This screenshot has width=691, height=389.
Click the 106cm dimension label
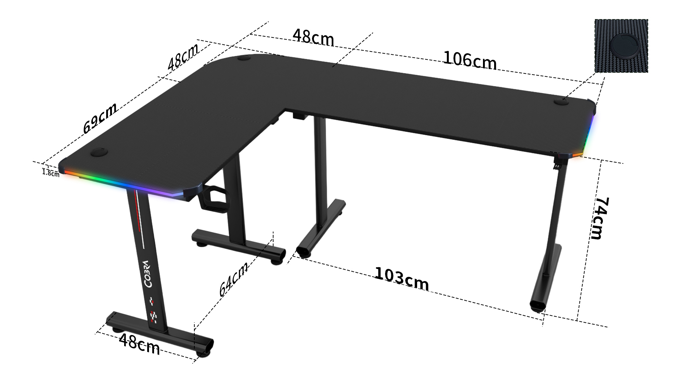(x=470, y=60)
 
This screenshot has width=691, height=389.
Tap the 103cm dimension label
(x=402, y=278)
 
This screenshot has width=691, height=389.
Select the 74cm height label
(x=601, y=218)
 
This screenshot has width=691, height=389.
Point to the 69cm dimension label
(x=100, y=118)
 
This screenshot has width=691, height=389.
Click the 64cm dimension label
(x=234, y=279)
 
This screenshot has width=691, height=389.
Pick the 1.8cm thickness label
(x=51, y=173)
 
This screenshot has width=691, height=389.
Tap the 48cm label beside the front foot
(x=139, y=344)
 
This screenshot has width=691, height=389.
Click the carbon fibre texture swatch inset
(x=621, y=46)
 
